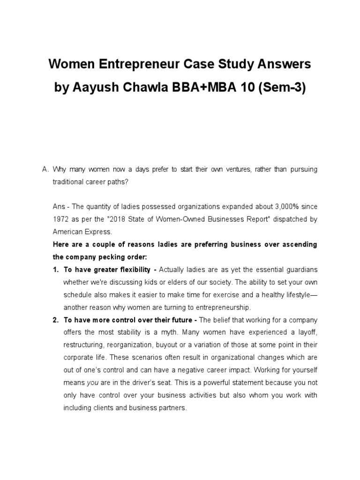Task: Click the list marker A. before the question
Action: coord(45,170)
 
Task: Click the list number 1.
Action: coord(55,270)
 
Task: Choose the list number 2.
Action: coord(55,320)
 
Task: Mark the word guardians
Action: coord(300,270)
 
